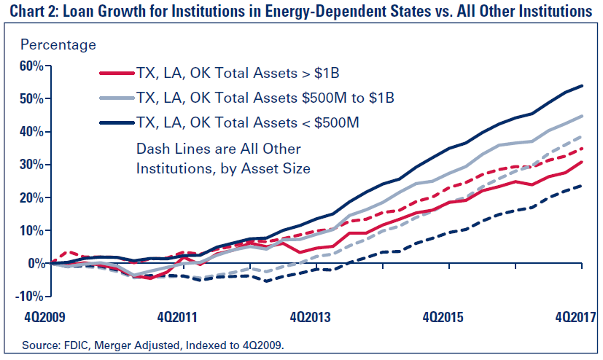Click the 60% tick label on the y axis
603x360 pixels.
click(x=30, y=66)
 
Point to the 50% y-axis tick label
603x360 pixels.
click(x=30, y=98)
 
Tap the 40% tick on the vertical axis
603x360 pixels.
click(x=30, y=131)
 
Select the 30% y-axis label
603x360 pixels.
click(x=30, y=165)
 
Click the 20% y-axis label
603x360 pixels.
click(x=30, y=197)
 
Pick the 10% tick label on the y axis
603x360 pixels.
click(x=30, y=230)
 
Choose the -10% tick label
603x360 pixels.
click(x=28, y=296)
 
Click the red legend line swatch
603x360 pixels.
click(x=116, y=73)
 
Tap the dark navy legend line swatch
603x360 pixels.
click(x=116, y=121)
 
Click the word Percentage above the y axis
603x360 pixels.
click(x=58, y=44)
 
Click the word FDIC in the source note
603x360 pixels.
click(x=73, y=342)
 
